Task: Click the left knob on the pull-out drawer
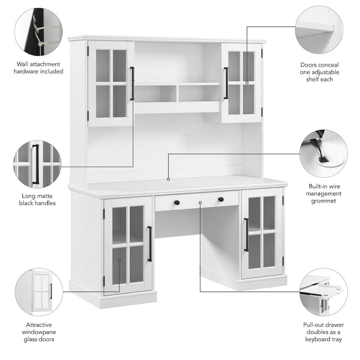click(177, 202)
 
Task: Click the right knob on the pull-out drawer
click(220, 199)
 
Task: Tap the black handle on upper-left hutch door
click(132, 83)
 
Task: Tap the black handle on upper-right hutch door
click(226, 83)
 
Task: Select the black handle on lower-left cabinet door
click(150, 243)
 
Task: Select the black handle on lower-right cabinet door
click(246, 234)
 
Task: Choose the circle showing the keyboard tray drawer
click(324, 292)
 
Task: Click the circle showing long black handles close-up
click(38, 164)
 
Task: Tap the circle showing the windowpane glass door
click(39, 292)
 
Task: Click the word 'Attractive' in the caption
click(39, 324)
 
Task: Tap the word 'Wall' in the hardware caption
click(22, 64)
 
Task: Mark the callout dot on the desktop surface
click(168, 179)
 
